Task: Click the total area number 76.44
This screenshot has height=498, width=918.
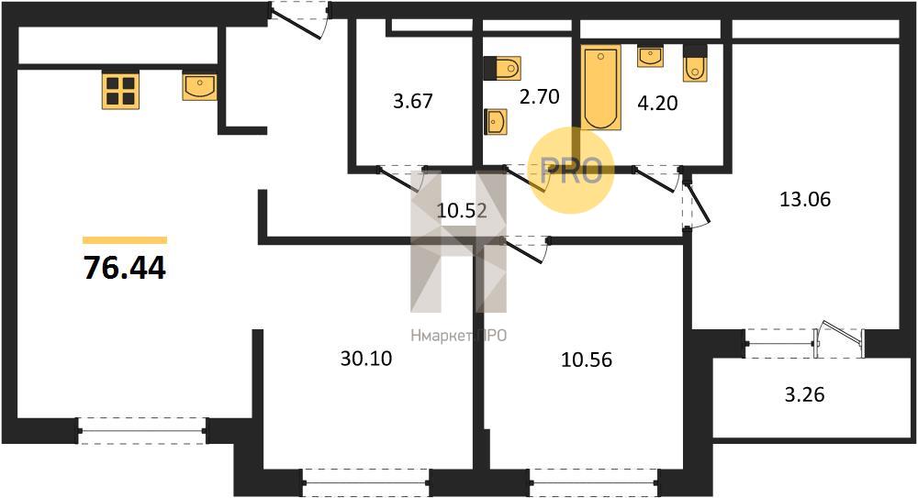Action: (x=125, y=268)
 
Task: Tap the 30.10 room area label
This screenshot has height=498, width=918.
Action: (x=366, y=359)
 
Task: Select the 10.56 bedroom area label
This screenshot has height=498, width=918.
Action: (x=587, y=360)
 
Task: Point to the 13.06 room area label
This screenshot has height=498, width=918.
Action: (x=805, y=199)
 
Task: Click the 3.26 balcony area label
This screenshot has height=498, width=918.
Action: (x=804, y=393)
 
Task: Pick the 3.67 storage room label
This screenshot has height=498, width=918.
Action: (x=413, y=101)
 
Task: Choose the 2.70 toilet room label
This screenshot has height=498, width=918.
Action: (x=539, y=95)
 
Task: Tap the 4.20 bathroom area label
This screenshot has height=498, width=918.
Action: (x=657, y=103)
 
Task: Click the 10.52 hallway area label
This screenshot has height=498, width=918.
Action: (x=462, y=210)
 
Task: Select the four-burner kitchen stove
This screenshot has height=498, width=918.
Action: (x=121, y=90)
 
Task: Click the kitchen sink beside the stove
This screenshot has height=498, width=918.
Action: (x=199, y=86)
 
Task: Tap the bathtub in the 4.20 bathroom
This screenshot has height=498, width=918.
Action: (x=601, y=87)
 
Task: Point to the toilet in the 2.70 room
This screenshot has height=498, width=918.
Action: (x=502, y=68)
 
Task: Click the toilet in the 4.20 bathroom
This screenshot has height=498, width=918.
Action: (x=696, y=63)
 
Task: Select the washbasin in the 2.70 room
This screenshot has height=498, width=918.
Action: (x=496, y=122)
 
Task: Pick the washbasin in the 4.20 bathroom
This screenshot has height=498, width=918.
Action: (x=650, y=57)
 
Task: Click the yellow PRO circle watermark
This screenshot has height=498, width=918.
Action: (x=571, y=171)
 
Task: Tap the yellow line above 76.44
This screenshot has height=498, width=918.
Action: (x=125, y=240)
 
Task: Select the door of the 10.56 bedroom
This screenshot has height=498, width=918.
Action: (x=525, y=249)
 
